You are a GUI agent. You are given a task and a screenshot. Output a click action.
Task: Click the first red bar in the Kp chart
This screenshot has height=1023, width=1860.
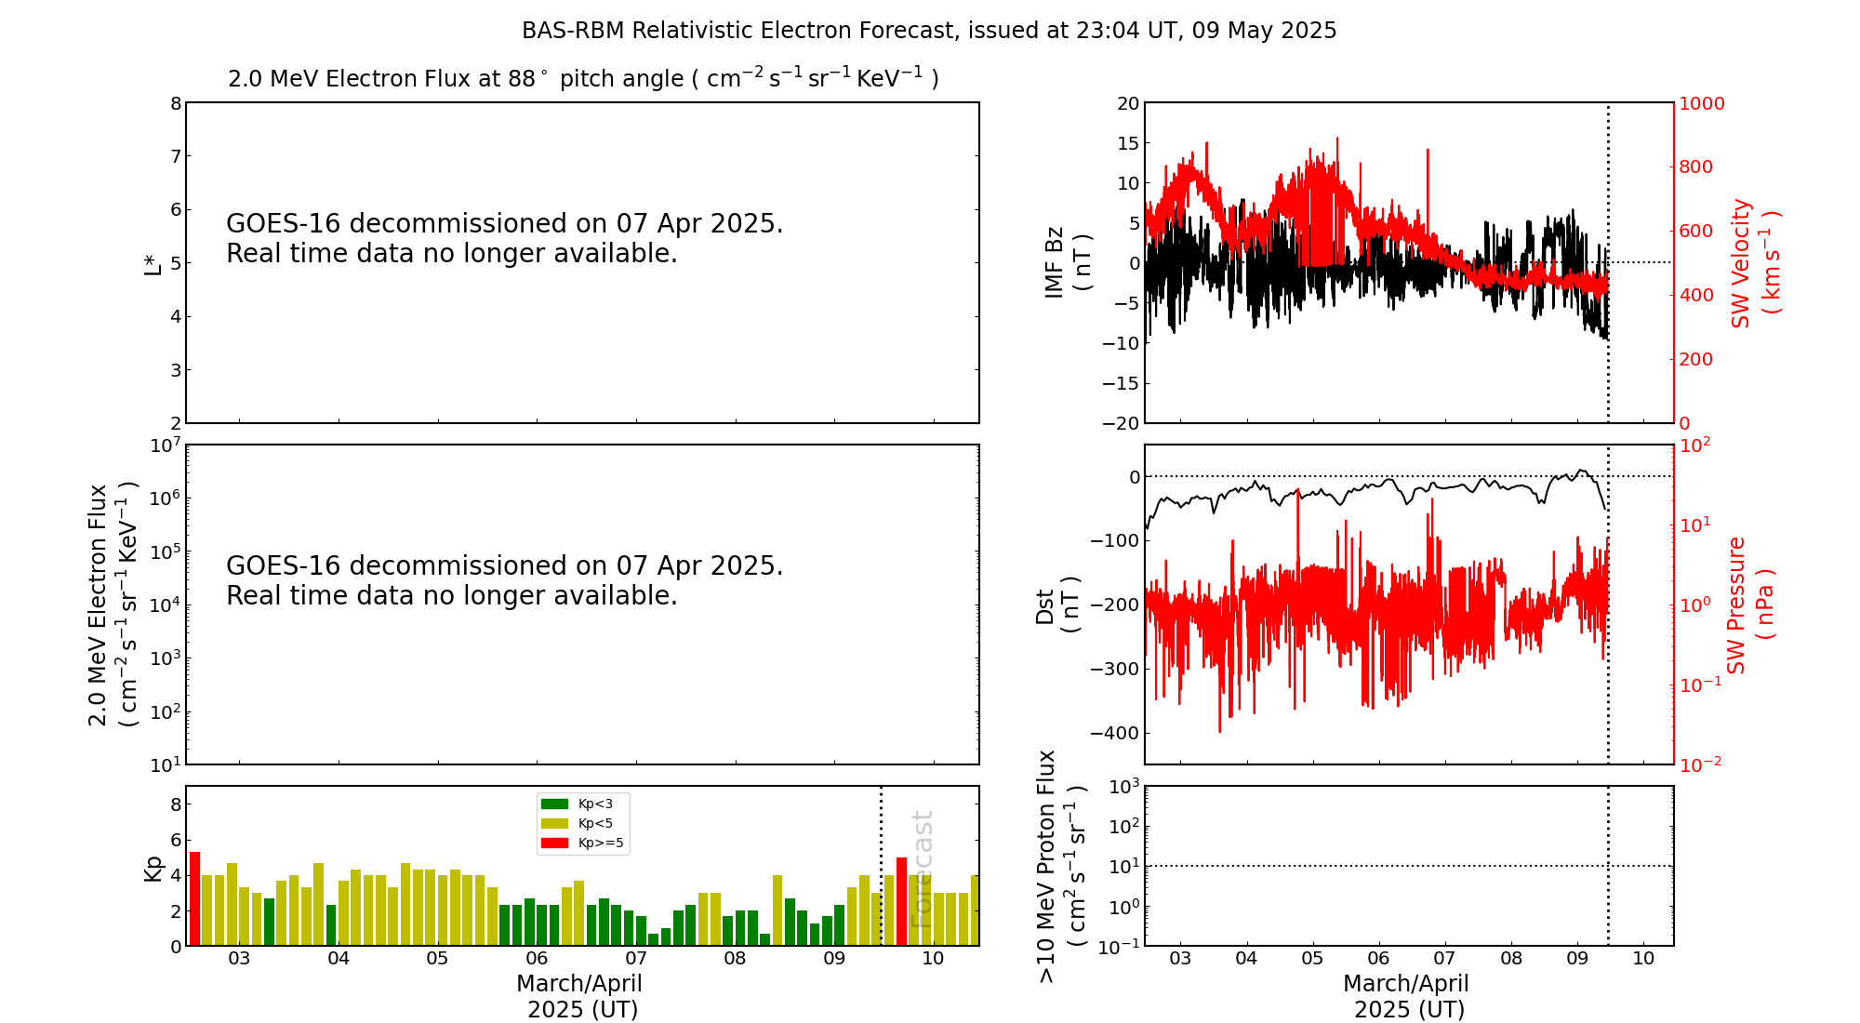pos(194,898)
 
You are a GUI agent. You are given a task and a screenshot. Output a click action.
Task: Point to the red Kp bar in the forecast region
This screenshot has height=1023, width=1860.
pos(901,901)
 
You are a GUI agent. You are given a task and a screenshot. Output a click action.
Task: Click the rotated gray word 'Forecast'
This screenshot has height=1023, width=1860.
pos(922,870)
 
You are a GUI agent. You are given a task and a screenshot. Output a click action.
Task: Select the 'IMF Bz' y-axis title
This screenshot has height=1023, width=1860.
pos(1055,262)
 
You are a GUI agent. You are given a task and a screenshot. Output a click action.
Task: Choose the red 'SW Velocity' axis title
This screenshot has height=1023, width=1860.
pos(1740,263)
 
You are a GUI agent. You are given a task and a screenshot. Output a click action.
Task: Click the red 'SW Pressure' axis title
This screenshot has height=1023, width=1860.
pos(1736,605)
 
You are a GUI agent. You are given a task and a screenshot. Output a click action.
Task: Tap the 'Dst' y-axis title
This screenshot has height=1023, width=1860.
pos(1045,605)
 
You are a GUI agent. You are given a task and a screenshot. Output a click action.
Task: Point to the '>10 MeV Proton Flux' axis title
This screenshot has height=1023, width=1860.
pos(1047,867)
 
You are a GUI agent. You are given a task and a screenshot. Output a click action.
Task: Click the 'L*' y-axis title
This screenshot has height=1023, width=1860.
pos(153,263)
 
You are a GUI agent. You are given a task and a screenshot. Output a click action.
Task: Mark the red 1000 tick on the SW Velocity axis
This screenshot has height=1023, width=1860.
pos(1701,103)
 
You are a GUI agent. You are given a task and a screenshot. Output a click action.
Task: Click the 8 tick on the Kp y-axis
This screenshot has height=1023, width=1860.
pos(176,805)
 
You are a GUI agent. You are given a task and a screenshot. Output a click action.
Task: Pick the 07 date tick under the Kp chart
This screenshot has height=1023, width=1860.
pos(635,959)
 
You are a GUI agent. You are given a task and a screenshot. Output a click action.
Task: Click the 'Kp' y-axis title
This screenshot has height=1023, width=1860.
pos(153,869)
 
